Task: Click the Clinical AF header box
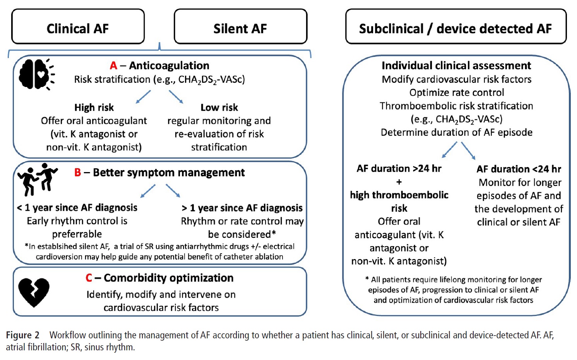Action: pos(78,27)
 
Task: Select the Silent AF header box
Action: pos(240,27)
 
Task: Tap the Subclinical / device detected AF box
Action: pos(456,27)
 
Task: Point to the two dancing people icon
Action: pos(37,179)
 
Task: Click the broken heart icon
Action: pos(34,292)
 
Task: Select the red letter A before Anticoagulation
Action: pos(113,66)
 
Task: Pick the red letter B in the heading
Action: pos(77,173)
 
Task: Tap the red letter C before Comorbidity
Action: pos(89,278)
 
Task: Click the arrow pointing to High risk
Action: pos(143,97)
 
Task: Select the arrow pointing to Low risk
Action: pos(176,97)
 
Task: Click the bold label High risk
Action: pos(94,107)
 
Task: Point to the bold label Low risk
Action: pos(219,107)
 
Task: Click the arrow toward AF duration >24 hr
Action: pos(450,150)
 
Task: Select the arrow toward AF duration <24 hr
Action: pos(468,150)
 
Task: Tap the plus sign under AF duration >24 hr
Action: pos(399,182)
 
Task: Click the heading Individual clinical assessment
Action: pos(456,66)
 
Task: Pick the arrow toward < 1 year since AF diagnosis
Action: pos(148,191)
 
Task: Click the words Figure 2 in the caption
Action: pos(23,335)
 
